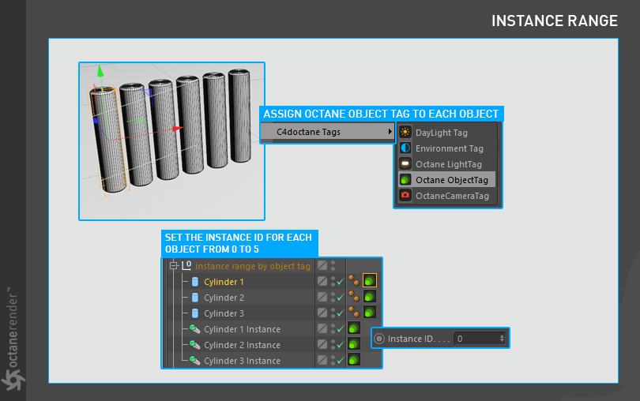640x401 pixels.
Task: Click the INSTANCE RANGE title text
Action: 555,21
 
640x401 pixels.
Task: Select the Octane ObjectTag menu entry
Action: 451,180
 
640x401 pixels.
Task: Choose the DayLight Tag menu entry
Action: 441,133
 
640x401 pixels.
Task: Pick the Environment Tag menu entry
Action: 449,148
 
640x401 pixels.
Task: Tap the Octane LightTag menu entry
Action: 449,164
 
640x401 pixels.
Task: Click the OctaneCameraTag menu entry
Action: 452,196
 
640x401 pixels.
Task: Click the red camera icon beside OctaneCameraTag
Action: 405,196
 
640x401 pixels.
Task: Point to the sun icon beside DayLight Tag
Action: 405,132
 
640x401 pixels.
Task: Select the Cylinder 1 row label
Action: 224,282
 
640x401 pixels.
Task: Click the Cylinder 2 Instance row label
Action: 242,345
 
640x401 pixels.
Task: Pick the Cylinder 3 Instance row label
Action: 242,361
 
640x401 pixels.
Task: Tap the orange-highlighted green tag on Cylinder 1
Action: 370,281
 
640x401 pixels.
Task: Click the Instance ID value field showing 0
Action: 476,339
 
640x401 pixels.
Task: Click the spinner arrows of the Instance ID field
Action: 502,339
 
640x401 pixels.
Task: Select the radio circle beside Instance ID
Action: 379,339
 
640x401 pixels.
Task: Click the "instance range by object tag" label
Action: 253,266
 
